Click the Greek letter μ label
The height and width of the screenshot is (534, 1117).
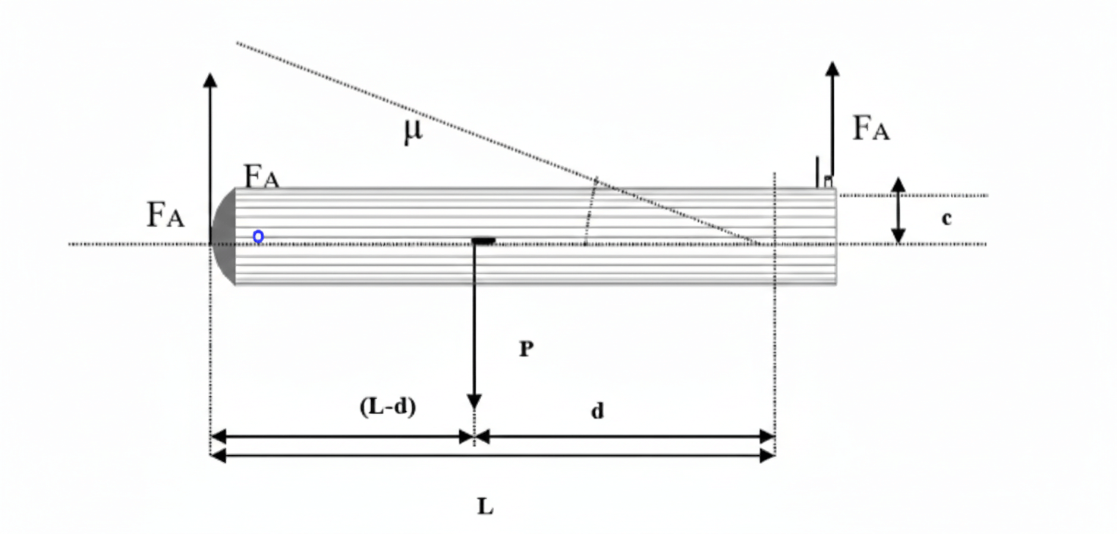click(413, 132)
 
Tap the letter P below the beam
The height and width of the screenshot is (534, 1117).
click(526, 349)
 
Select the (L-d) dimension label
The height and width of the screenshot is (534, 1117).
click(388, 407)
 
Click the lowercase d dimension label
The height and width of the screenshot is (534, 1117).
click(598, 411)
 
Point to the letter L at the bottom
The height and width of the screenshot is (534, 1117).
click(485, 506)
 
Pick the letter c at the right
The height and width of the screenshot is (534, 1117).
click(946, 218)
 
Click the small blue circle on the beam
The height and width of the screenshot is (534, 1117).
click(258, 237)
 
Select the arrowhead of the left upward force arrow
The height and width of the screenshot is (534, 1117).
click(210, 80)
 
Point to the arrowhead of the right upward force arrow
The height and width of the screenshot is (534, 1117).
click(832, 68)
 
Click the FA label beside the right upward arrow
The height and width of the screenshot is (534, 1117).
click(871, 129)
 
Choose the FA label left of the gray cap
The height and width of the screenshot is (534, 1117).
click(165, 215)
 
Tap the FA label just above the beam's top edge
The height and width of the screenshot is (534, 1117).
click(262, 177)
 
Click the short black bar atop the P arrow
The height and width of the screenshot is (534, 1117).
click(483, 240)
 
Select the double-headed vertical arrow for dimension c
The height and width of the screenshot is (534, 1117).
click(898, 211)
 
